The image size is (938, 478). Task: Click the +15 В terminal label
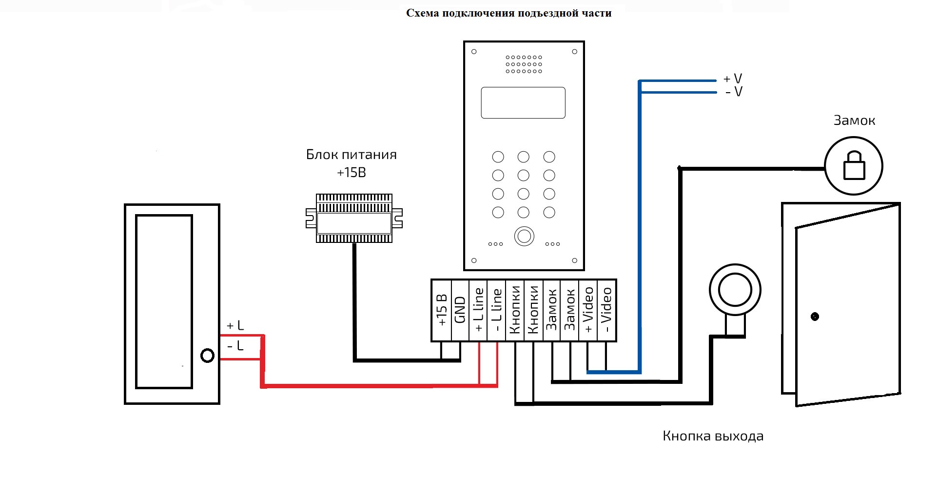click(x=442, y=310)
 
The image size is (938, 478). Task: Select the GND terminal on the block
click(x=460, y=310)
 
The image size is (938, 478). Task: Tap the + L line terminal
click(x=478, y=310)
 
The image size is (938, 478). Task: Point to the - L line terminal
click(x=496, y=310)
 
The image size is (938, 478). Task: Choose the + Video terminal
click(x=588, y=310)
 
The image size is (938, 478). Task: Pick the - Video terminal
click(x=606, y=310)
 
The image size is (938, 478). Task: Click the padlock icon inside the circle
click(x=854, y=165)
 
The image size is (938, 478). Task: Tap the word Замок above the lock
click(x=854, y=120)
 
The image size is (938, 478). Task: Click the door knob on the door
click(x=815, y=317)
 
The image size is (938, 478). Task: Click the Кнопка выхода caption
click(x=713, y=436)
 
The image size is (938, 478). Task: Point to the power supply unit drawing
click(x=354, y=218)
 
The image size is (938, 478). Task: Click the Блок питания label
click(x=352, y=155)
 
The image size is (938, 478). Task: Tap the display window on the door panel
click(x=523, y=103)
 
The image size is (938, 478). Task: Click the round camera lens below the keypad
click(x=524, y=237)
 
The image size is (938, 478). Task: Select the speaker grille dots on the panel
click(x=524, y=64)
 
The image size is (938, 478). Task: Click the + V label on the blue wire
click(x=733, y=79)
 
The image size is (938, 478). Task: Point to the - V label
click(x=734, y=92)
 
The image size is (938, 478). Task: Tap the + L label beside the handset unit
click(x=235, y=325)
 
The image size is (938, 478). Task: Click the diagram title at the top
click(x=508, y=13)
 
